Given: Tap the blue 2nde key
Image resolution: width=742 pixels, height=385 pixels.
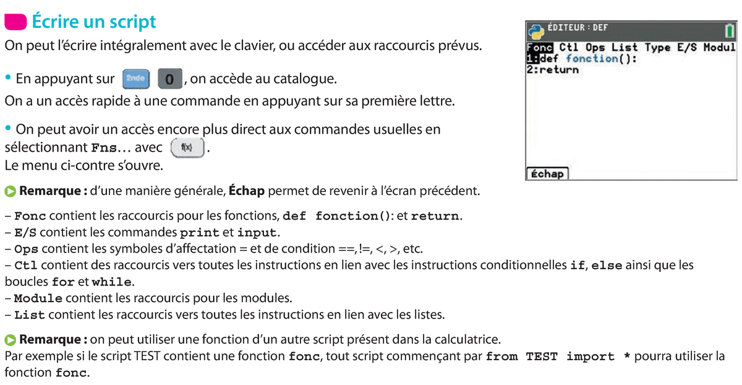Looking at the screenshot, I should [x=135, y=79].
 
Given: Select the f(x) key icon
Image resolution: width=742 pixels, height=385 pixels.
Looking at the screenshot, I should [x=186, y=149].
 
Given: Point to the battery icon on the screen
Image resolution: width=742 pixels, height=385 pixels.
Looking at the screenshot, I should [x=730, y=30].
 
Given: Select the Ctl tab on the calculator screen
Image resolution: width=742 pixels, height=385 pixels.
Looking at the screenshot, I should [x=569, y=48].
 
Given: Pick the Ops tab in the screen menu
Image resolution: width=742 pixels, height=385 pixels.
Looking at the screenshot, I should [x=595, y=48].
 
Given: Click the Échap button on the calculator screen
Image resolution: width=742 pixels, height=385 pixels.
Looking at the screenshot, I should [x=547, y=174].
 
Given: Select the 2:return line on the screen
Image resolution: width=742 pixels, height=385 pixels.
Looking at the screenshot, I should [x=552, y=70].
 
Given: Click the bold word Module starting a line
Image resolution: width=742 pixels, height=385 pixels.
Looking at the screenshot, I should [x=38, y=298].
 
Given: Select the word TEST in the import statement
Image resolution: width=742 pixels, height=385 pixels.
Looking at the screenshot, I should [x=542, y=357].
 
